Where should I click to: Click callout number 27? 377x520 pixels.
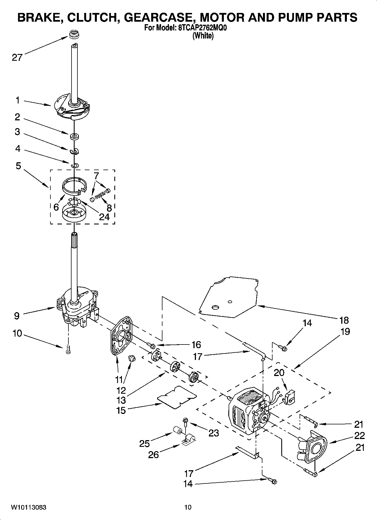coord(17,57)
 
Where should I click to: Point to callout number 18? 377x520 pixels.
coord(344,320)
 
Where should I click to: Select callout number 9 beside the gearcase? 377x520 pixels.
coord(17,316)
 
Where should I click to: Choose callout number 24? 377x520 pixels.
coord(104,217)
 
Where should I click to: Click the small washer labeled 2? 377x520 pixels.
coord(75,137)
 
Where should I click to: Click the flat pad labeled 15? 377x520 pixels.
coord(177,397)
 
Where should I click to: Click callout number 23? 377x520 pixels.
coord(213,433)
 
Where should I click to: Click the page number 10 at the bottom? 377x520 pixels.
coord(188,507)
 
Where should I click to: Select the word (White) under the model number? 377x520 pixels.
coord(203,36)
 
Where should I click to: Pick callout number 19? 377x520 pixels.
coord(345,332)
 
